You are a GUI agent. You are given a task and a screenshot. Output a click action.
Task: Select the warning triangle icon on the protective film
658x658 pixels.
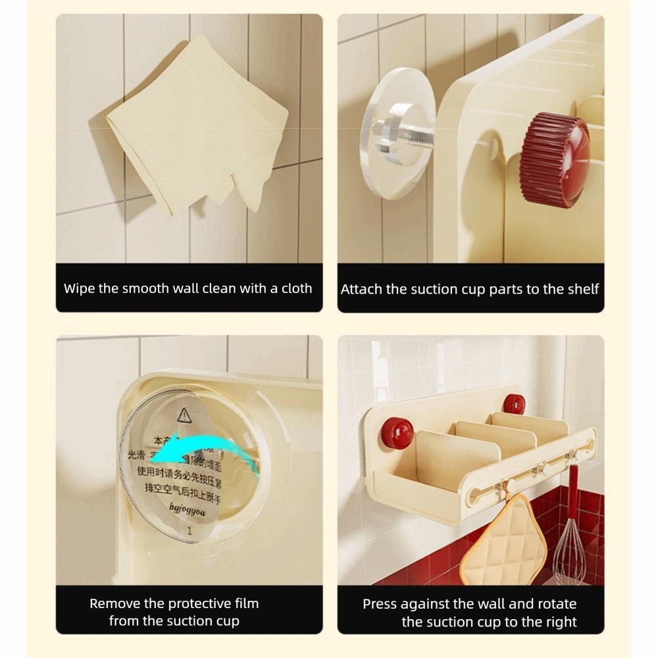coord(184,415)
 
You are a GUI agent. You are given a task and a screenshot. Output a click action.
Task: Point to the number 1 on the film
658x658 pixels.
coord(189,529)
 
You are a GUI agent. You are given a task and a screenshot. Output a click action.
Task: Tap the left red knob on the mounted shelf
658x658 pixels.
coord(397,433)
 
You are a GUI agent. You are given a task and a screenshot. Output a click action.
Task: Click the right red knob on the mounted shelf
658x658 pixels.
coord(514,403)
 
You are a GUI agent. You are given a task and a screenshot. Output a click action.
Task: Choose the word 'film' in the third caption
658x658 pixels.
coord(244,603)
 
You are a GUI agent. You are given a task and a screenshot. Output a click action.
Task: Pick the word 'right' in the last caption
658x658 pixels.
coord(559,622)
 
